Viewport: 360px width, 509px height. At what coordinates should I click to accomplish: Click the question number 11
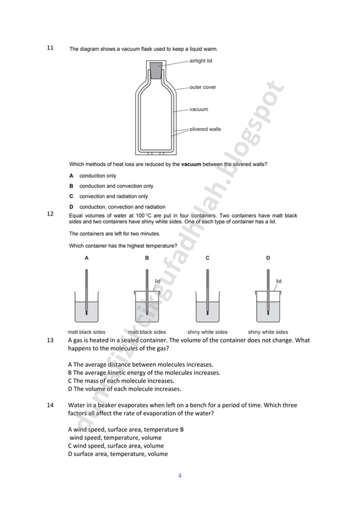(x=50, y=48)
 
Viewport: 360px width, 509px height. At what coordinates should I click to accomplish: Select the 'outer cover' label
(x=203, y=87)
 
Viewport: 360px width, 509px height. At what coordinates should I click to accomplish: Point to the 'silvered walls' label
(x=205, y=129)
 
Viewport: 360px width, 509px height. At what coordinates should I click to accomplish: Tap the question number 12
(x=50, y=214)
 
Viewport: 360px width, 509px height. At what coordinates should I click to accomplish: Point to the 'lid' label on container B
(x=158, y=280)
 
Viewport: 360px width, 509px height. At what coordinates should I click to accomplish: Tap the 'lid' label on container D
(x=279, y=280)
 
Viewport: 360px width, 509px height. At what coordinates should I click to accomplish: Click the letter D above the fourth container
(x=267, y=258)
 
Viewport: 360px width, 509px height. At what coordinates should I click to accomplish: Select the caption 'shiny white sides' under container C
(x=207, y=332)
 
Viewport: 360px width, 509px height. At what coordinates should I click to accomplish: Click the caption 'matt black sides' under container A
(x=86, y=332)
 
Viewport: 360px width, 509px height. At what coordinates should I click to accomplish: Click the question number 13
(x=50, y=340)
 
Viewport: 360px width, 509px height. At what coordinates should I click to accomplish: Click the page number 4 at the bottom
(x=179, y=476)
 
